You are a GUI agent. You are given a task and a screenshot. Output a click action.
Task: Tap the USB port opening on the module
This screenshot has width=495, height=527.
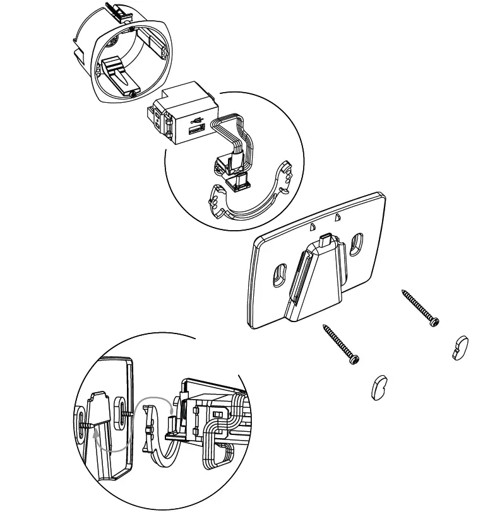click(193, 131)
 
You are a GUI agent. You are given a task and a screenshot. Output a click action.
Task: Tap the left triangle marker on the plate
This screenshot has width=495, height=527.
click(312, 224)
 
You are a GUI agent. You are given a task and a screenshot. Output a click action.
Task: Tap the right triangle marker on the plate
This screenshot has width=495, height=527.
click(338, 217)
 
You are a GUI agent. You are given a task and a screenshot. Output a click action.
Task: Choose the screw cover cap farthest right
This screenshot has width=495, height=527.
click(459, 348)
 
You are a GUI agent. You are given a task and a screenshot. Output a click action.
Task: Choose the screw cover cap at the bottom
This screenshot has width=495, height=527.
click(379, 388)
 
